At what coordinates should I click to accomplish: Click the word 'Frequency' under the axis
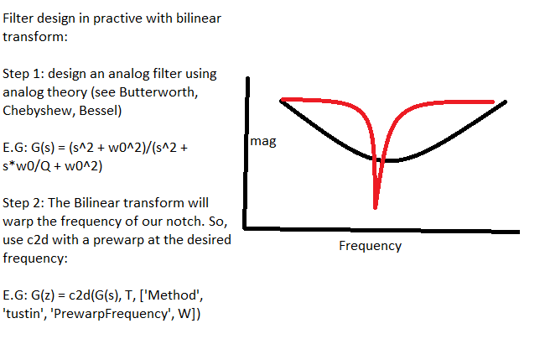(x=370, y=246)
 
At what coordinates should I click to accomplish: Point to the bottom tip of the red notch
(x=376, y=207)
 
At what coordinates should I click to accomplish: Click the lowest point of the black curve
(x=382, y=159)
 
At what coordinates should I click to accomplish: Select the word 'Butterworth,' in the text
(x=164, y=91)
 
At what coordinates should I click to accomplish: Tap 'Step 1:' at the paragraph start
(x=23, y=73)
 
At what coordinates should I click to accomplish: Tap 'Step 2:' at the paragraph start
(x=23, y=203)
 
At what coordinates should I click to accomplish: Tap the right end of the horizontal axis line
(x=517, y=231)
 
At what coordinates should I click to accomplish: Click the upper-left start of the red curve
(x=283, y=100)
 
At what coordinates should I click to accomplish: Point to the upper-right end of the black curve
(x=506, y=102)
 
